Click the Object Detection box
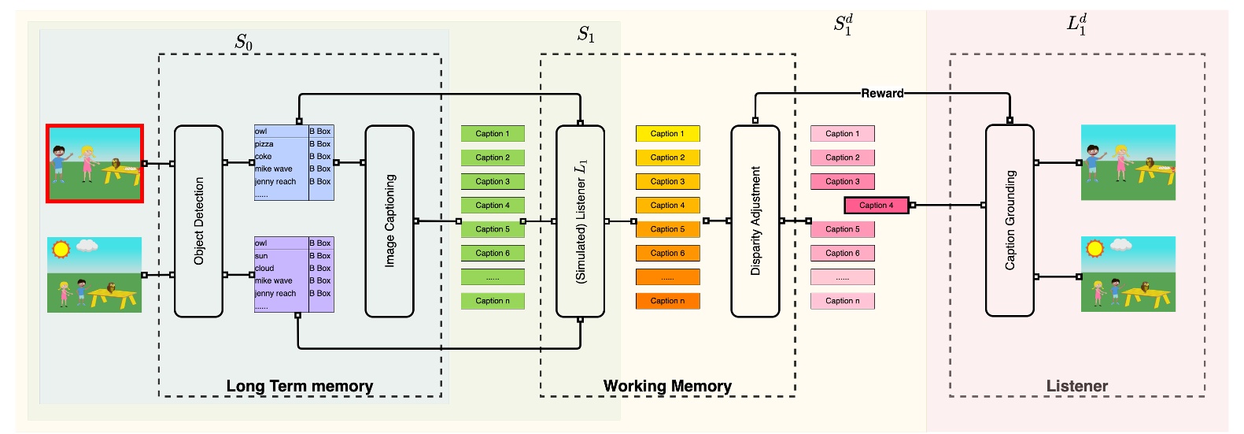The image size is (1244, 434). pos(198,221)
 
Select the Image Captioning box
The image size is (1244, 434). pos(389,221)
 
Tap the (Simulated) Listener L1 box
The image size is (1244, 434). pos(581,221)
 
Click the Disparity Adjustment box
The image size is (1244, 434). pos(755,221)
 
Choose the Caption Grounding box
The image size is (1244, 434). pos(1010,221)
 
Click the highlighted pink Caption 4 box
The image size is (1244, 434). pos(876,206)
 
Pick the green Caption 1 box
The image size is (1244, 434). pos(493,134)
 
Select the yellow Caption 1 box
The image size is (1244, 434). pos(667,134)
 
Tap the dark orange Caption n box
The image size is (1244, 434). pos(667,301)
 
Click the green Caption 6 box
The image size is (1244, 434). pos(493,254)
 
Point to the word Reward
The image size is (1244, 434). pos(882,93)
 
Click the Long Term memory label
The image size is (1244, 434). pos(299,386)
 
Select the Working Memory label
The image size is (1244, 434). pos(667,386)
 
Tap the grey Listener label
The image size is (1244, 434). pos(1076,386)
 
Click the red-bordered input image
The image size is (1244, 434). pos(94,163)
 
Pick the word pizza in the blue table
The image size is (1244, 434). pos(264,144)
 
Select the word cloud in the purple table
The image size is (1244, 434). pos(264,269)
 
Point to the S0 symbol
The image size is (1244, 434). pos(244,43)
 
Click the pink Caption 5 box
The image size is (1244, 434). pos(842,229)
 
